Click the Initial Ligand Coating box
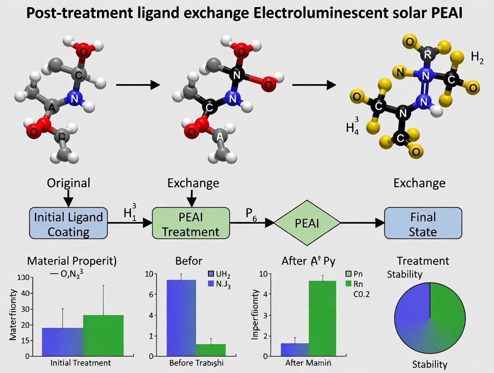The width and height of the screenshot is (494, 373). [68, 223]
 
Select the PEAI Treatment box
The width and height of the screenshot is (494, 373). [191, 223]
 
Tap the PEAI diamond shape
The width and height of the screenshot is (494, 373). [307, 223]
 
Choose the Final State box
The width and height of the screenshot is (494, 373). [423, 223]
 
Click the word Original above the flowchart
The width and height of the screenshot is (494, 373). [68, 183]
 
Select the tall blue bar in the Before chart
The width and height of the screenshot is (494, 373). [181, 317]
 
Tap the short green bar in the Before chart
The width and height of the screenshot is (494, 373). [211, 350]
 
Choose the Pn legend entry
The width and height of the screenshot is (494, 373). [356, 273]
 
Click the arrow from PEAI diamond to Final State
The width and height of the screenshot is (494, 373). [363, 223]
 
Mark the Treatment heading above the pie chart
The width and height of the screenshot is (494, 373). [423, 260]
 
